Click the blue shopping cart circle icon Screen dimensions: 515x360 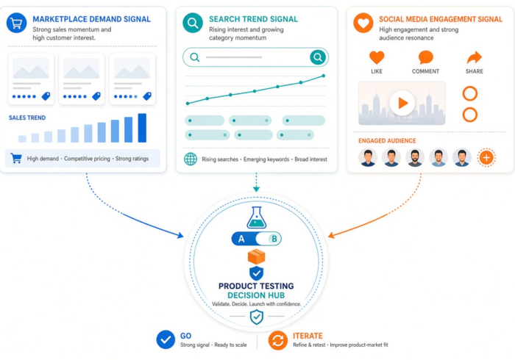(16, 23)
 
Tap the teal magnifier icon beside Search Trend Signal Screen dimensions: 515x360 (193, 23)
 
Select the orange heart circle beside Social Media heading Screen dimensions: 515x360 (363, 23)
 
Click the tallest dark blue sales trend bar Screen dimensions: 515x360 (142, 128)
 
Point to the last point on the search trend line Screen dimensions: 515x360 (324, 76)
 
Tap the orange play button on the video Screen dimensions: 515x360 (402, 103)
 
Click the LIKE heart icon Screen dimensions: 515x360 (377, 58)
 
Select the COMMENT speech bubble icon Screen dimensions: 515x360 (426, 58)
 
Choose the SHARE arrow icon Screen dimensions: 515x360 (475, 58)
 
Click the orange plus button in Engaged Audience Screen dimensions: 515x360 (486, 158)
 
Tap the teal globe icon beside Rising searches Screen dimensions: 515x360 (191, 159)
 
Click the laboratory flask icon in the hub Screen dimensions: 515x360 (257, 217)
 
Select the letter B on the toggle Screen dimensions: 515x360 (274, 239)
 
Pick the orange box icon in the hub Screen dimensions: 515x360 (257, 256)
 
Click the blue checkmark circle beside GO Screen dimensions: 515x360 (166, 339)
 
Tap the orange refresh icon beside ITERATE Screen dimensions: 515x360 (278, 340)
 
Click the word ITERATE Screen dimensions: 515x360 (308, 336)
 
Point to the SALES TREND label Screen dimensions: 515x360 (27, 118)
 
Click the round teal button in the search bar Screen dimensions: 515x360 (318, 57)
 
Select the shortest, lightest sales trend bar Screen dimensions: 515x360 (22, 139)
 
